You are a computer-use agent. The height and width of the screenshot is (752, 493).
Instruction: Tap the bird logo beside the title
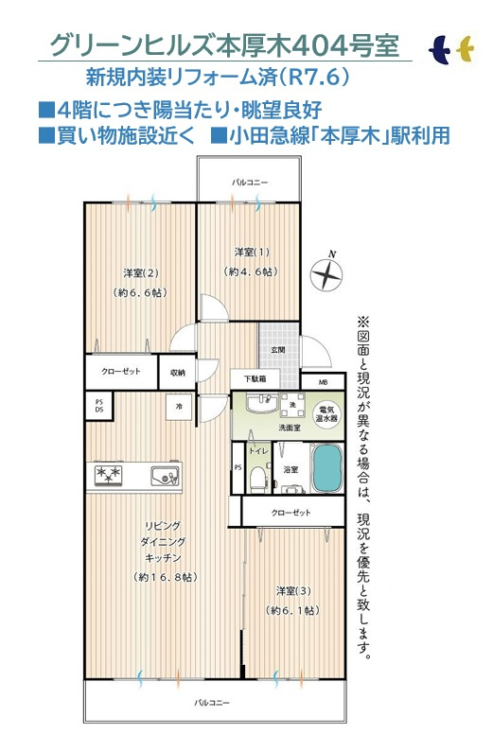(x=450, y=47)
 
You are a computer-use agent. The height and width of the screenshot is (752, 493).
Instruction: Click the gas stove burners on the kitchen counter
(x=108, y=474)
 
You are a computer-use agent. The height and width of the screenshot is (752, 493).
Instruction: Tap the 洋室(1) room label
(x=252, y=252)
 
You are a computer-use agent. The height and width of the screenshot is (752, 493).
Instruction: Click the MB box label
(x=323, y=381)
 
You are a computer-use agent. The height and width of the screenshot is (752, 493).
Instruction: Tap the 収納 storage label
(x=178, y=372)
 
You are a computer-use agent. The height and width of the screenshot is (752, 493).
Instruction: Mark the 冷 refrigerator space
(x=178, y=407)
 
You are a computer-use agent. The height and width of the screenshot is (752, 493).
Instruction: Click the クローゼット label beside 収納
(x=121, y=372)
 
